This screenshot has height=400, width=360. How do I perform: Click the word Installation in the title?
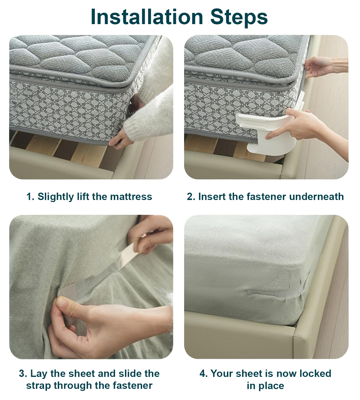point(147,17)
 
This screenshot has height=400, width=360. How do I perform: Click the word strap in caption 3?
point(39,386)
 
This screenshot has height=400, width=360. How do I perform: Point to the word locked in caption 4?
point(315,373)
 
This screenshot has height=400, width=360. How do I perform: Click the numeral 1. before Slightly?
point(30,197)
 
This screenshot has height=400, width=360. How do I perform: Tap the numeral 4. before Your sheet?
point(204,374)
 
